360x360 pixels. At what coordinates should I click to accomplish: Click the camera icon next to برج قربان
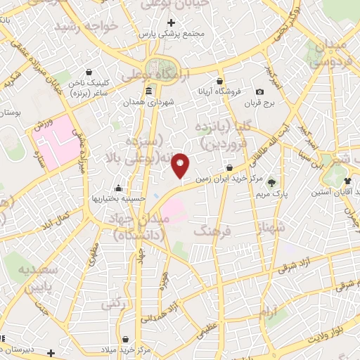[x=260, y=92]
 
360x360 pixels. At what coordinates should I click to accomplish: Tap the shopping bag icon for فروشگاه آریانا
[x=220, y=81]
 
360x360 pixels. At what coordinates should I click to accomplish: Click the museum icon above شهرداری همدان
[x=148, y=92]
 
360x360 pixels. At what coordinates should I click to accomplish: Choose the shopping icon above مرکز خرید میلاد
[x=125, y=340]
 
